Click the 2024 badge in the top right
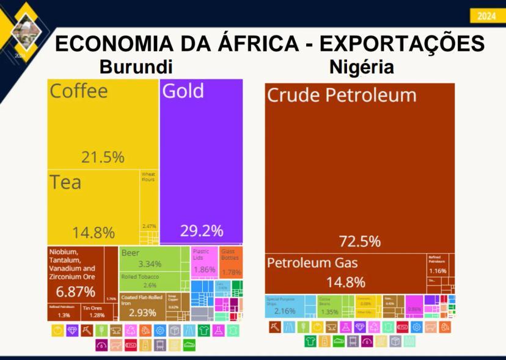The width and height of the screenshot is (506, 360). [x=487, y=17]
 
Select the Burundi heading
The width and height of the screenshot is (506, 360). [x=136, y=67]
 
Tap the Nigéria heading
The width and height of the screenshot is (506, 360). [x=361, y=67]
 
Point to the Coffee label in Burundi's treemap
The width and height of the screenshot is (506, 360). [x=79, y=91]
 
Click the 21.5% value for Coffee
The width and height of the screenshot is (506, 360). [x=103, y=157]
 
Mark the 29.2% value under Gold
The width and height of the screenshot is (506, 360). [x=201, y=231]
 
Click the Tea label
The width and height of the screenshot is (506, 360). [x=65, y=182]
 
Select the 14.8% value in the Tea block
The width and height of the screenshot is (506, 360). [x=94, y=233]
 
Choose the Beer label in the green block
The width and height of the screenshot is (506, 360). [x=130, y=253]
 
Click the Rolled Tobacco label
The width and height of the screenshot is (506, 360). [x=140, y=277]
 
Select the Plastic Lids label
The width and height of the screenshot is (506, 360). [x=201, y=254]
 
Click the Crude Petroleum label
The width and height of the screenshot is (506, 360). [x=342, y=95]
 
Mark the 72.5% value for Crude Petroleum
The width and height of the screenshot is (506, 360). [x=360, y=241]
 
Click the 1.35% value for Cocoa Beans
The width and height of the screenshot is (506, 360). [x=329, y=311]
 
